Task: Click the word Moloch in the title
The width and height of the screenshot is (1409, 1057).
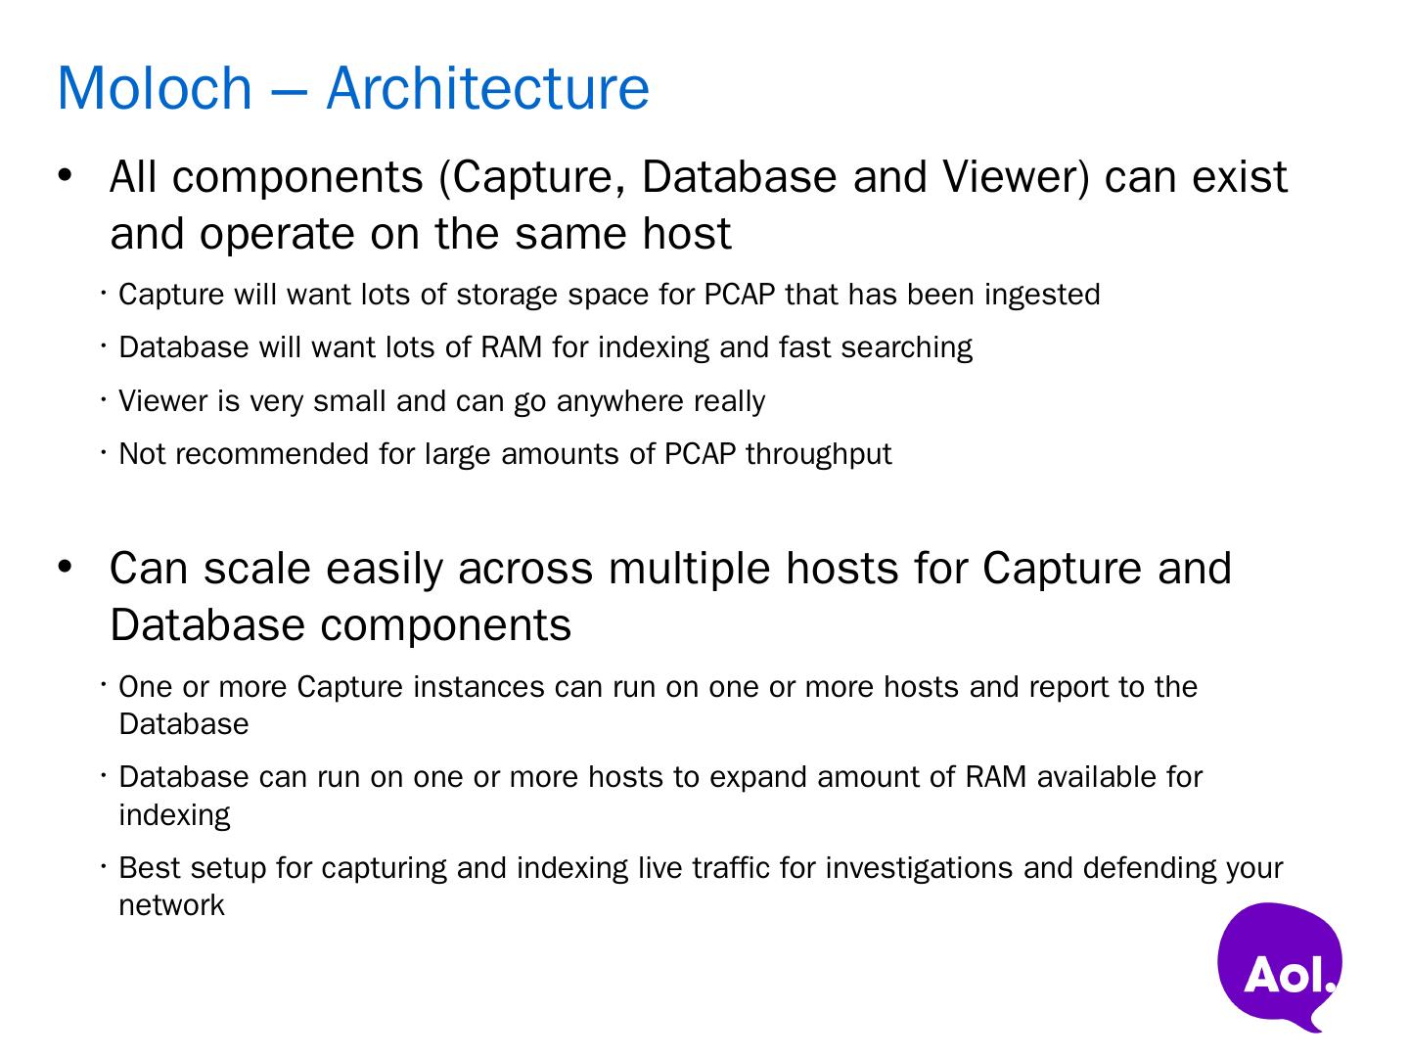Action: click(x=155, y=88)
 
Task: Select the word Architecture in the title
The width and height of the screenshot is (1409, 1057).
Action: click(x=487, y=88)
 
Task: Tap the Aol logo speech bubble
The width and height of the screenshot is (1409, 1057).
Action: click(x=1280, y=965)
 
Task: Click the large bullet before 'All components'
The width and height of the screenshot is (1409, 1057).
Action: click(x=66, y=177)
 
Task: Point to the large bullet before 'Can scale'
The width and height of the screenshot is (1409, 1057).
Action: click(x=66, y=568)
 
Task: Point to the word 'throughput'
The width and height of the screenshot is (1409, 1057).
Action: click(x=819, y=454)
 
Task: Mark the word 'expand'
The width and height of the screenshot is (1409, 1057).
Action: click(x=758, y=777)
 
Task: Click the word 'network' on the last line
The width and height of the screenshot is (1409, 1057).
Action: click(x=171, y=905)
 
